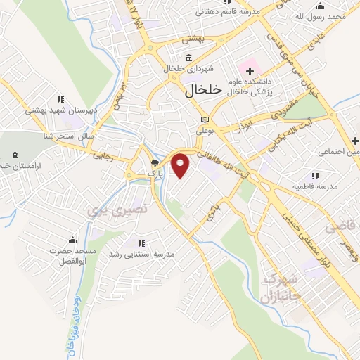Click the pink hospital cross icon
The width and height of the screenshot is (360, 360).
(x=248, y=70)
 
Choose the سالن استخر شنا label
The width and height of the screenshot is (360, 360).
(x=70, y=134)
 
